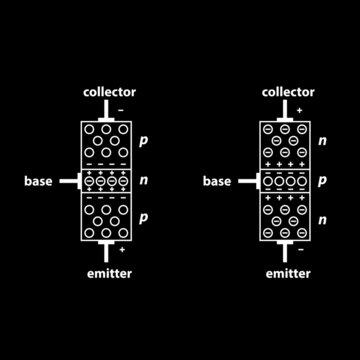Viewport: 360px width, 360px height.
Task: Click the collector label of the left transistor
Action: click(109, 92)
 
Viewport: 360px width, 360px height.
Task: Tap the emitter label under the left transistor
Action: click(109, 271)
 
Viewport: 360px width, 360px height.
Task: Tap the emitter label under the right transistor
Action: click(288, 271)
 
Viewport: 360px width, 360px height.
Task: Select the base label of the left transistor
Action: click(41, 181)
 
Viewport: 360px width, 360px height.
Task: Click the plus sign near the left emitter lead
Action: click(121, 246)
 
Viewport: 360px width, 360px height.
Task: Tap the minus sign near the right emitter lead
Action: click(300, 246)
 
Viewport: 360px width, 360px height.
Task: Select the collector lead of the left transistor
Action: click(109, 110)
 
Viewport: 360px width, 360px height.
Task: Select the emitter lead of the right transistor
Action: click(288, 250)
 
